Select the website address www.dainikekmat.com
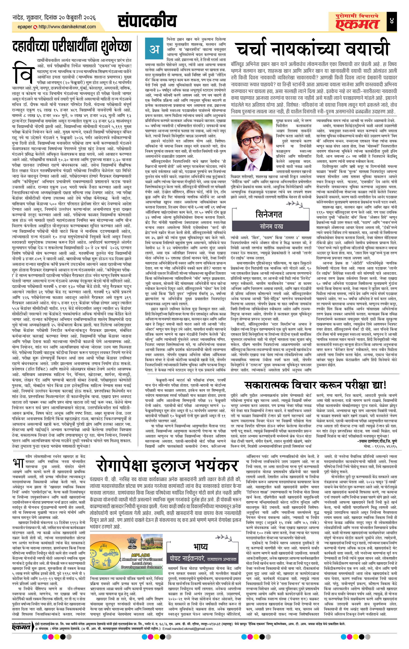[x=67, y=27]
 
